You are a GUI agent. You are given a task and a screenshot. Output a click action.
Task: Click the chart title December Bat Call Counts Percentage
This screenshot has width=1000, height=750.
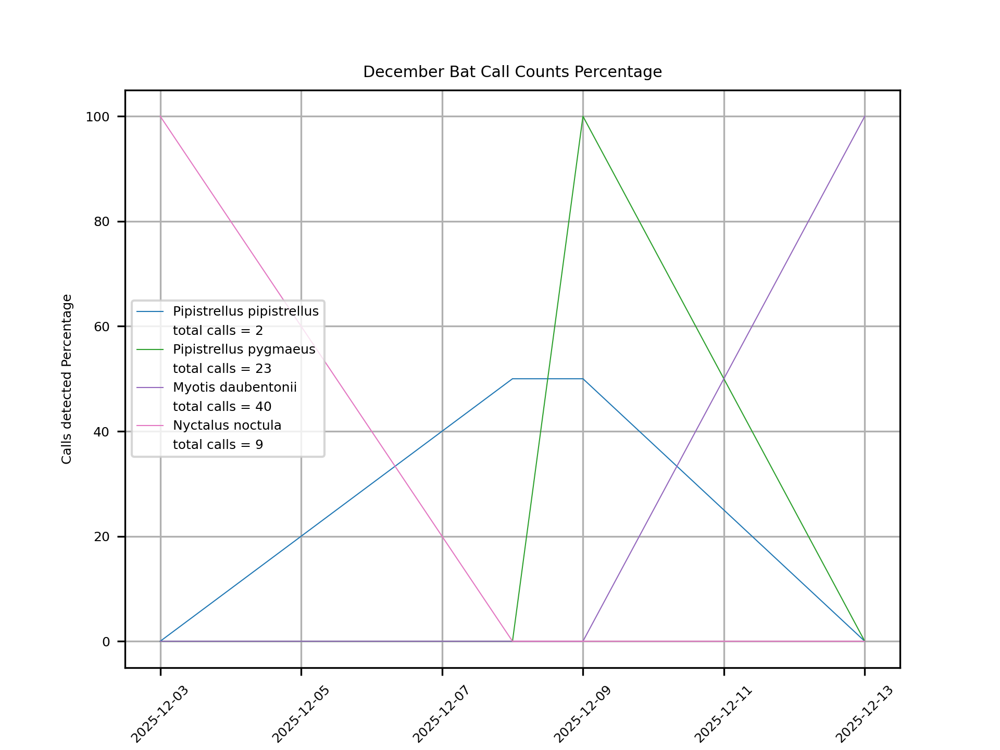click(x=512, y=72)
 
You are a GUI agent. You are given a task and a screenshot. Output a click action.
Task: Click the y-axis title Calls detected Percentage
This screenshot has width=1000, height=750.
click(x=67, y=379)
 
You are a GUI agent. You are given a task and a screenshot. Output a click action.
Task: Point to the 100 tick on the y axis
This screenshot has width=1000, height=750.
click(x=98, y=117)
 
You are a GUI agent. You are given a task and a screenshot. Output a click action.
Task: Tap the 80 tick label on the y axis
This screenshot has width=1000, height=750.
click(x=102, y=222)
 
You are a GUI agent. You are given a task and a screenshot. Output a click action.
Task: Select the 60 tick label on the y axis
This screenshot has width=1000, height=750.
click(x=102, y=327)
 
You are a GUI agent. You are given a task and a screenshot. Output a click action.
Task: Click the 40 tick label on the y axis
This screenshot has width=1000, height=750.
click(x=102, y=432)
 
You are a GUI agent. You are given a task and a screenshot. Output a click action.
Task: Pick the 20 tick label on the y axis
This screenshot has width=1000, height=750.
click(x=102, y=537)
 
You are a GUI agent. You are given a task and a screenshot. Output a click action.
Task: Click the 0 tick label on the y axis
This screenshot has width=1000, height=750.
click(x=106, y=642)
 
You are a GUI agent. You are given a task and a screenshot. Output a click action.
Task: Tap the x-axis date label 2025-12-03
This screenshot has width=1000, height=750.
click(x=159, y=715)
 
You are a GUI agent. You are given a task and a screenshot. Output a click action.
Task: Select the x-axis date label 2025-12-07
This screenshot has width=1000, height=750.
click(x=441, y=715)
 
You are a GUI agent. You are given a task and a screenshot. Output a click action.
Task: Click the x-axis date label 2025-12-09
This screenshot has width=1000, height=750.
click(x=582, y=715)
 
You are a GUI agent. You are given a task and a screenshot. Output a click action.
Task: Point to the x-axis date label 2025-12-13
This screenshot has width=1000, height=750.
click(x=864, y=715)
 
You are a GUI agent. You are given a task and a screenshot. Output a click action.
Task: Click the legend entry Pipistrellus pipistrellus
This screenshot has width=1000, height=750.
click(x=245, y=311)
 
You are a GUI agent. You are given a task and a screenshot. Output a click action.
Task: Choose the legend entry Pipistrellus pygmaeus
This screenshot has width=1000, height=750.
click(x=244, y=349)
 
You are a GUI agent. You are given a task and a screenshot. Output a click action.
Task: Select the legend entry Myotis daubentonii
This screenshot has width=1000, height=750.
click(x=234, y=387)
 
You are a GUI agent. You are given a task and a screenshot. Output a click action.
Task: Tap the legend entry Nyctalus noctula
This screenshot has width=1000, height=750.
click(x=227, y=426)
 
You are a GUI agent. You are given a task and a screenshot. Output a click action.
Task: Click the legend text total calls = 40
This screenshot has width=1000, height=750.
click(x=222, y=407)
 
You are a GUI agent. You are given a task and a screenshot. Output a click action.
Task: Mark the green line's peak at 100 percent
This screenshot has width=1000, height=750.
click(x=583, y=117)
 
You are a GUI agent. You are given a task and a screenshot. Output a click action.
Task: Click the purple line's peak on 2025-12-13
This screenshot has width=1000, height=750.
click(x=865, y=117)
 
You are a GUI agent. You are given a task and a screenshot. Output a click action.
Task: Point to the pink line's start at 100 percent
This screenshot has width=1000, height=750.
click(x=160, y=117)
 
